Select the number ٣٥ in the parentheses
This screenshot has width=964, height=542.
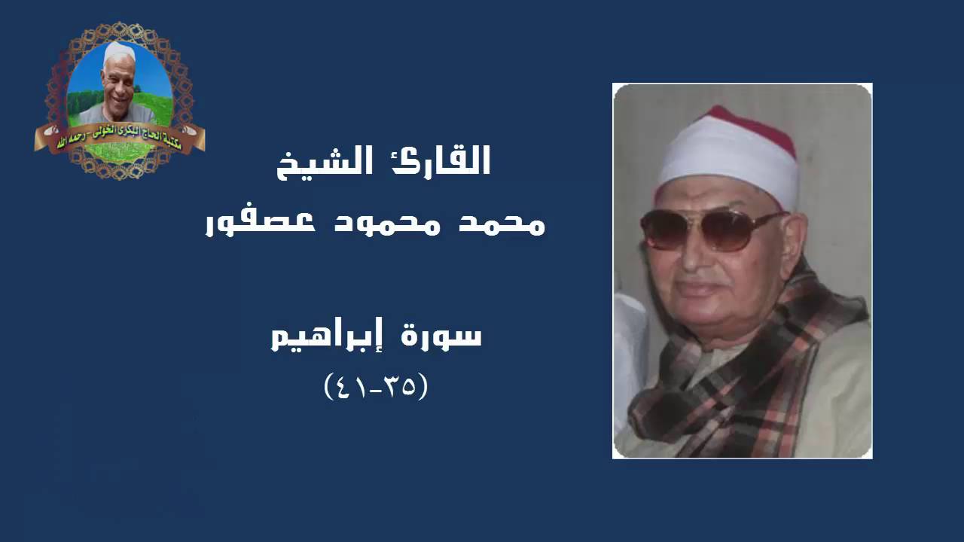400,387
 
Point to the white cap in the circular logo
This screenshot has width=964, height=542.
119,53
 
